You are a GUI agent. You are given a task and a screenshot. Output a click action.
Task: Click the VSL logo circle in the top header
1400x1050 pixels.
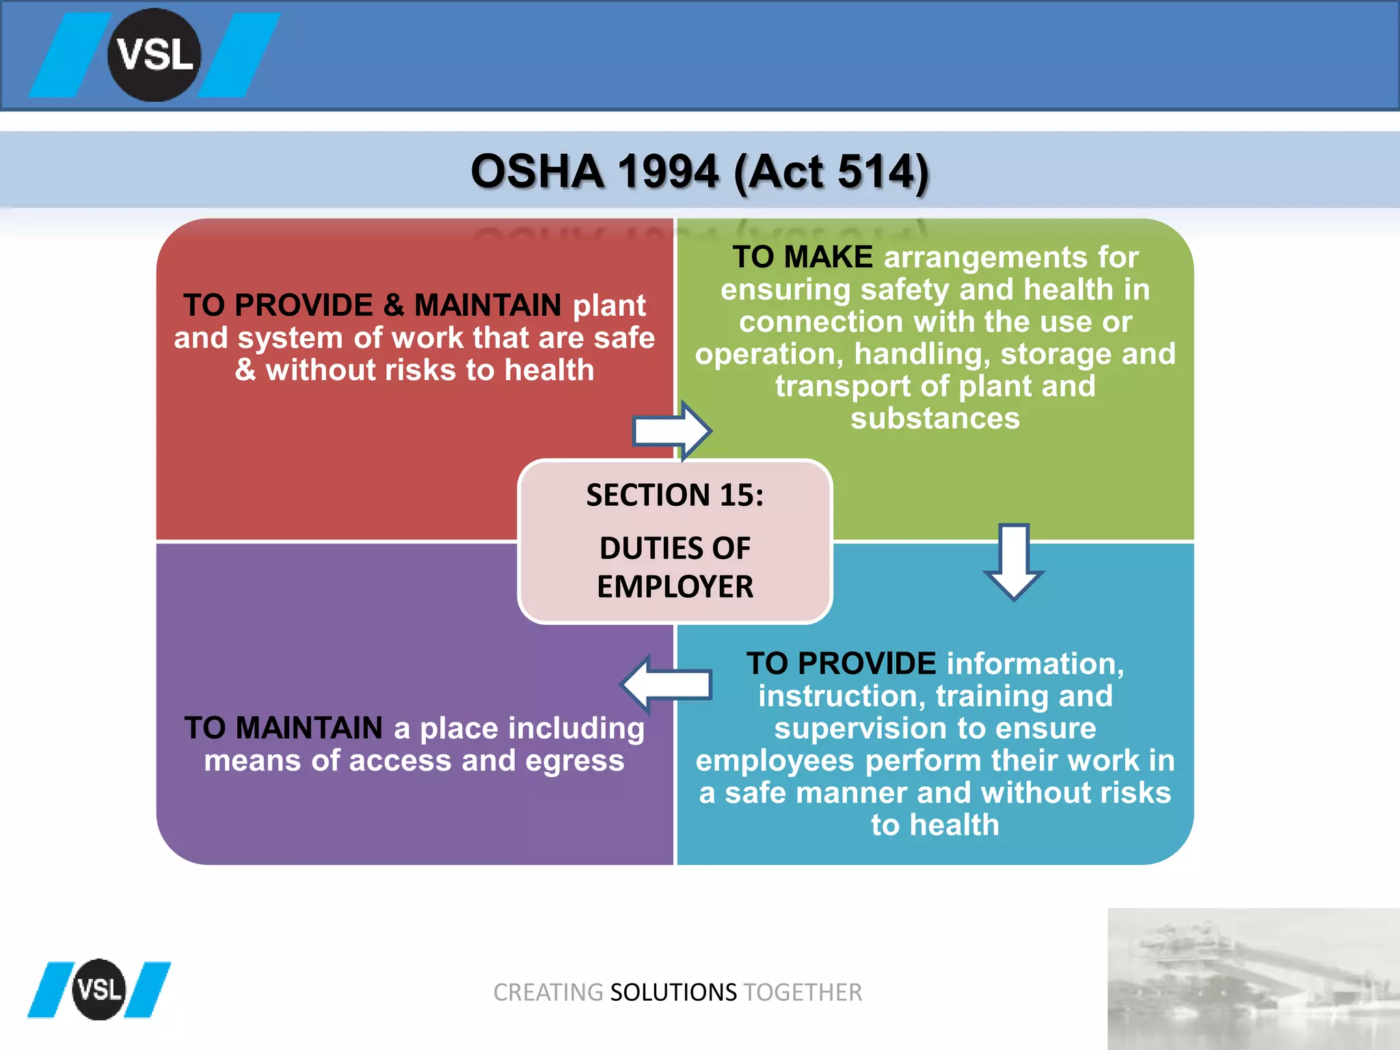coord(154,55)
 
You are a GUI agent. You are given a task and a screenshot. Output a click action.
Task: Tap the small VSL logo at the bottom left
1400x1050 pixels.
coord(99,989)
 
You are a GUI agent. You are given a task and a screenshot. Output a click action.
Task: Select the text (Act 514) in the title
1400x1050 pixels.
coord(831,172)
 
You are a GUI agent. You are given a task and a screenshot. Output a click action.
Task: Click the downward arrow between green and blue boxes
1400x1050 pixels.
coord(1014,561)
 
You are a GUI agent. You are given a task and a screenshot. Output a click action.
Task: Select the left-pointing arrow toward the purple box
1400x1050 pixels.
coord(667,684)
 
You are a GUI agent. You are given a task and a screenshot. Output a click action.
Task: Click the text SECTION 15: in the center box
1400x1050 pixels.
coord(675,495)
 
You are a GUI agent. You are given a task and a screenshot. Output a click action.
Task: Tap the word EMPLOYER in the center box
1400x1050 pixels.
coord(675,587)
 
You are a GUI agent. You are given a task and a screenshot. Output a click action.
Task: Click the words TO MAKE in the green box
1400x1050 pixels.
coord(803,257)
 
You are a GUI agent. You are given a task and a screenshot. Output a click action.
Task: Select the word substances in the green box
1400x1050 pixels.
coord(934,418)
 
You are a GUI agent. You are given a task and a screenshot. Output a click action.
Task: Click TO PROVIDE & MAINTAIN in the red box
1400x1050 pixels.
coord(372,305)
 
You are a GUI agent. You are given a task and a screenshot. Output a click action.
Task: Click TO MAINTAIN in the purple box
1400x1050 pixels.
coord(283,728)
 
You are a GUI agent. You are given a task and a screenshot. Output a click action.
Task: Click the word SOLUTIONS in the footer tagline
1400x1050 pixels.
coord(673,992)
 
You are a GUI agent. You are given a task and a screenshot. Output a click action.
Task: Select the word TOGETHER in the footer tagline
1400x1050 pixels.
coord(803,992)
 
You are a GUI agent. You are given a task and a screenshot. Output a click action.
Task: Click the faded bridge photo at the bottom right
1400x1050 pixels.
coord(1252,979)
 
